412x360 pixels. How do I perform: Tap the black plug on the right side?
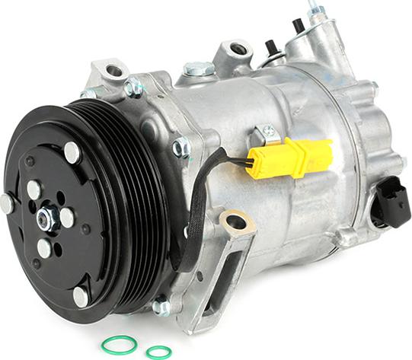[x=391, y=202]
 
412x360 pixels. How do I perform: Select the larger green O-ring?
[x=120, y=343]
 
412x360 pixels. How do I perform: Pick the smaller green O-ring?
[x=159, y=352]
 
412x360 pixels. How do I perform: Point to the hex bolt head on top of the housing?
[x=199, y=69]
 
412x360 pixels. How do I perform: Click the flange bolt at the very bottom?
[x=161, y=307]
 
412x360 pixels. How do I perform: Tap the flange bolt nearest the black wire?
[x=181, y=146]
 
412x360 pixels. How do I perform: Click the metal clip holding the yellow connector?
[x=267, y=133]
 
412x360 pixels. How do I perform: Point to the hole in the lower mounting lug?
[x=237, y=222]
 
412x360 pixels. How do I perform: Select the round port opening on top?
[x=239, y=49]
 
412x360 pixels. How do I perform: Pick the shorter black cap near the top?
[x=270, y=48]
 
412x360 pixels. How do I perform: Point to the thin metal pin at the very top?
[x=312, y=7]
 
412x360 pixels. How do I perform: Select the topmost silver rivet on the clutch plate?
[x=72, y=152]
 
